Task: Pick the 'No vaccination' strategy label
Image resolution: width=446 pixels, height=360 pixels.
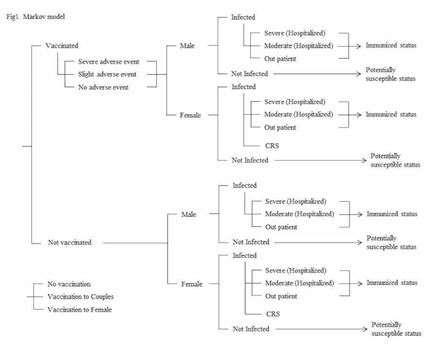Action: pos(69,284)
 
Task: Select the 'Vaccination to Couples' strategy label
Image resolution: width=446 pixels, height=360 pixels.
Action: pos(85,296)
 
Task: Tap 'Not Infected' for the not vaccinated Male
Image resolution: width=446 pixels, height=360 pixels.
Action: pos(250,242)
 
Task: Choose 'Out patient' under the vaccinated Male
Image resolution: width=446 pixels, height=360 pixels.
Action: pos(281,58)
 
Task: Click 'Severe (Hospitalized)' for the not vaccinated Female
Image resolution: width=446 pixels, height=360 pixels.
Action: pos(295,271)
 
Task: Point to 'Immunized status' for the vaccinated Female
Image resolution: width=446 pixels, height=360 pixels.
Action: pos(391,114)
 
